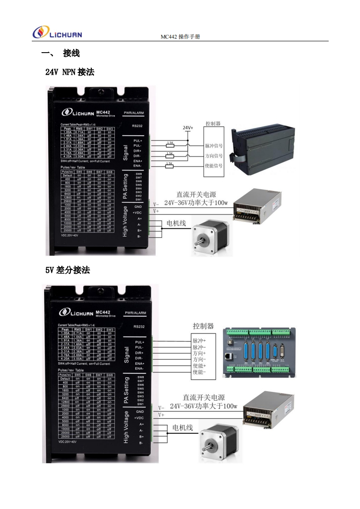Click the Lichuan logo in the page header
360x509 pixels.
57,32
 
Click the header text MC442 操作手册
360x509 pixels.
180,37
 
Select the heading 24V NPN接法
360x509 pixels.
69,72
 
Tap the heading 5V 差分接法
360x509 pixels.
67,270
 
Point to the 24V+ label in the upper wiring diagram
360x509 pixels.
187,128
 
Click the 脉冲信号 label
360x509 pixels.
213,146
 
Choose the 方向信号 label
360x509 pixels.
213,156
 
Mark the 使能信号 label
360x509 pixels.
213,166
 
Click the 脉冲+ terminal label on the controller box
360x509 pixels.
199,340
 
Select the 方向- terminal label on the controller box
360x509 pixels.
199,359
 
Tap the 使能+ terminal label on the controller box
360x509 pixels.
199,366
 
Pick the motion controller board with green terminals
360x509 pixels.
259,352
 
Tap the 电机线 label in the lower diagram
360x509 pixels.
182,428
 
